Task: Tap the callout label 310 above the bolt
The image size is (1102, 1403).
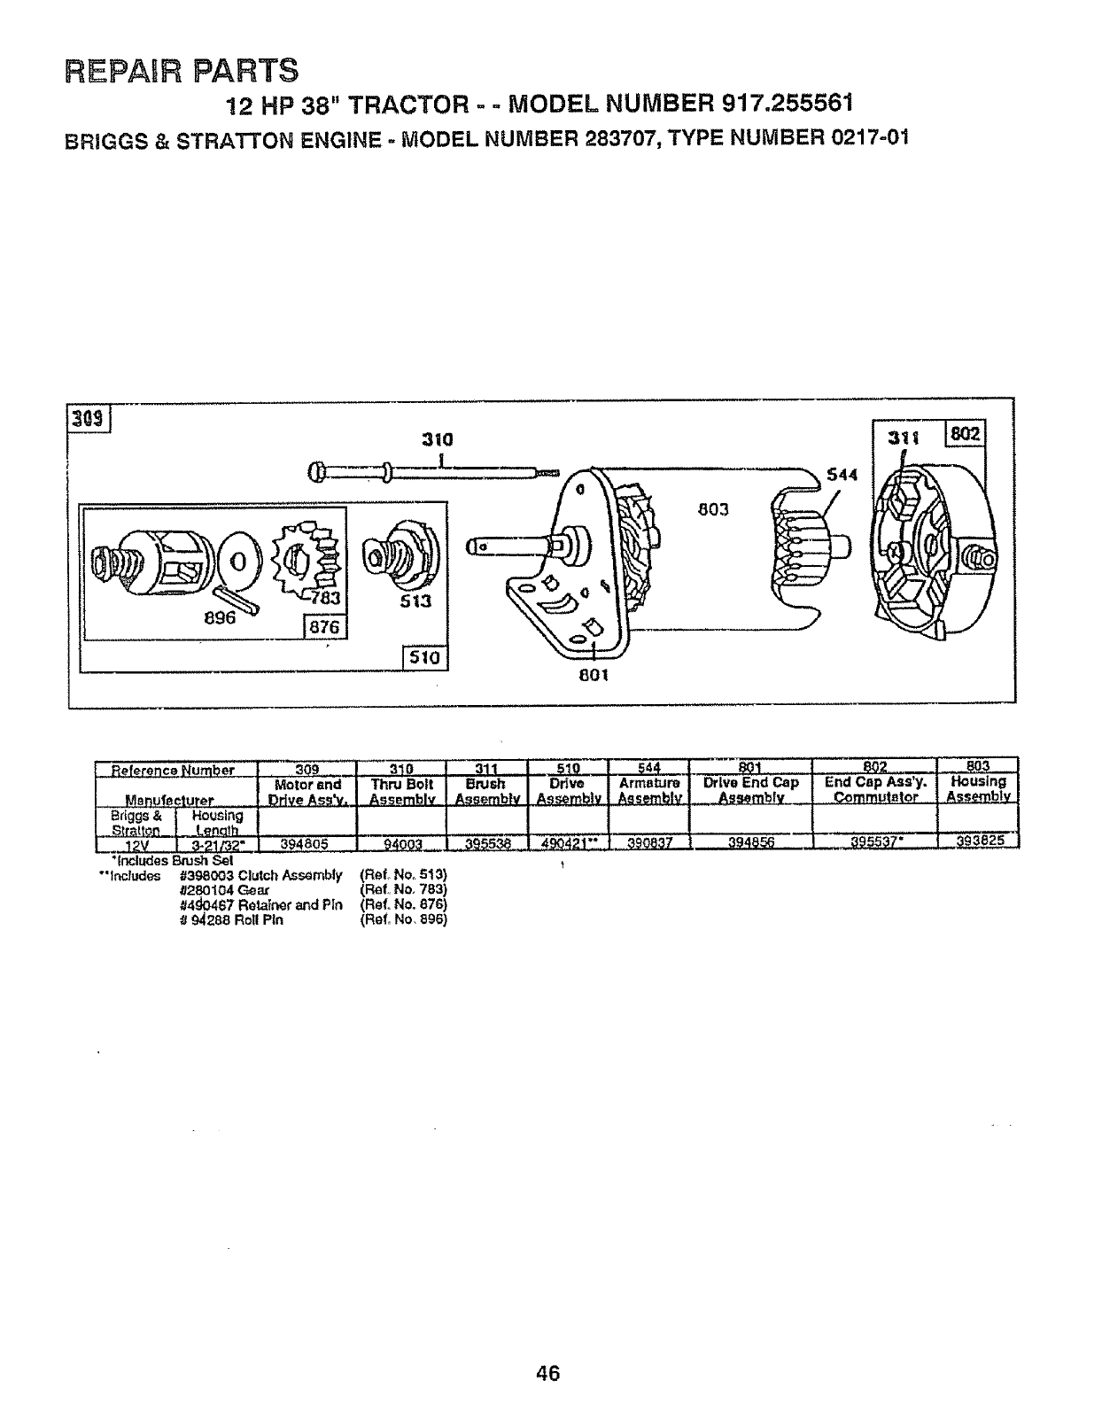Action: (x=437, y=438)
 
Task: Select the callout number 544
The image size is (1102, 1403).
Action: (x=842, y=475)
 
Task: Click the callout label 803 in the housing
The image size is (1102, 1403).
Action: (x=712, y=509)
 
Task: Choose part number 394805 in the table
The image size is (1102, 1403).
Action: (x=305, y=843)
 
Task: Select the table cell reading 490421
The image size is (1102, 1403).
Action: (x=564, y=843)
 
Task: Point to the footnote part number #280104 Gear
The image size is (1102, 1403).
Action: (x=217, y=889)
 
